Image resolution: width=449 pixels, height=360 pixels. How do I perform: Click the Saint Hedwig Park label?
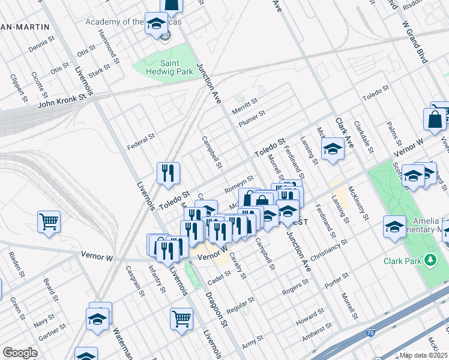(167, 67)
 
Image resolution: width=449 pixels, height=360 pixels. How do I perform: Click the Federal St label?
(142, 142)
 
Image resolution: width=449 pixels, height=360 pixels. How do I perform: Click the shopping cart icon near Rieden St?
(49, 221)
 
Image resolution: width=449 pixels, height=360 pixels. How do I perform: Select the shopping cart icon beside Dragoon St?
(181, 319)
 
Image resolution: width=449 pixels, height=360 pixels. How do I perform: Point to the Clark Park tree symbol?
(430, 260)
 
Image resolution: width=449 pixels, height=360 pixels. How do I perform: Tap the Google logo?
(20, 353)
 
